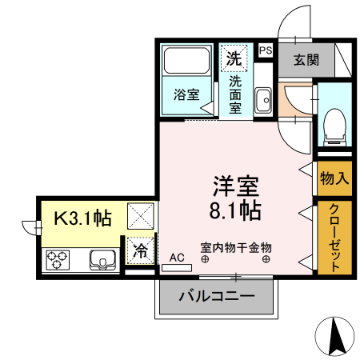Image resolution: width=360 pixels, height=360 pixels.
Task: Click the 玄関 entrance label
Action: pyautogui.click(x=305, y=59)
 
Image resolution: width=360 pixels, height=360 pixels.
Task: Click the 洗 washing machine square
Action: pyautogui.click(x=234, y=58)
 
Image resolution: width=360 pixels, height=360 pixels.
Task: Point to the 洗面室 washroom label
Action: pyautogui.click(x=235, y=94)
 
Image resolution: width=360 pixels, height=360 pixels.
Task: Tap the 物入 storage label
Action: pyautogui.click(x=333, y=178)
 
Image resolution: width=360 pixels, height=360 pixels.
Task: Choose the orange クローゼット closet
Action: pyautogui.click(x=333, y=238)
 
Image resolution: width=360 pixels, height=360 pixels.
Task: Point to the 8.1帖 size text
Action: pyautogui.click(x=234, y=212)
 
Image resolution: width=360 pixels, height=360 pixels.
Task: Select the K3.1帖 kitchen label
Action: pyautogui.click(x=82, y=217)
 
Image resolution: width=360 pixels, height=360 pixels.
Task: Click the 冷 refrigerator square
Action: pyautogui.click(x=140, y=250)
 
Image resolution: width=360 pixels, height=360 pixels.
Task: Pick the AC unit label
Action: pyautogui.click(x=177, y=258)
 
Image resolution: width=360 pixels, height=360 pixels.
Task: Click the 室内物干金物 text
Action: pyautogui.click(x=236, y=249)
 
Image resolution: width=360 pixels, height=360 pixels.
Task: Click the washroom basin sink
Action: pyautogui.click(x=264, y=101)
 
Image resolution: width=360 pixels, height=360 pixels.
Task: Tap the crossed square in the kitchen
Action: pyautogui.click(x=141, y=214)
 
